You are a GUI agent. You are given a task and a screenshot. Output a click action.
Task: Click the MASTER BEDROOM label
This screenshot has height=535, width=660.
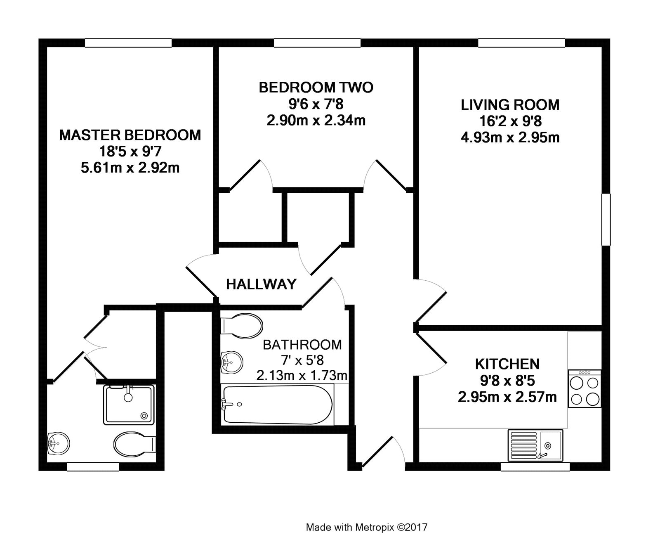(130, 135)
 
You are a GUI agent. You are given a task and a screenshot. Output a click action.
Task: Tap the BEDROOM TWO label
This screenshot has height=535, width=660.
(316, 88)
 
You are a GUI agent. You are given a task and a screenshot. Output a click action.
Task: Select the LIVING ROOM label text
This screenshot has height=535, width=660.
(510, 105)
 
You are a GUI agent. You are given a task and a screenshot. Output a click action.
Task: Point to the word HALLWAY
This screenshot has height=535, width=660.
(261, 284)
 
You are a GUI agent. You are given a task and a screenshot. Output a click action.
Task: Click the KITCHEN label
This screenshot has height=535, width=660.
(507, 364)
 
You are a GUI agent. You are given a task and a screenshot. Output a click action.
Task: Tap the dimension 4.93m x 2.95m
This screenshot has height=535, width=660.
(510, 137)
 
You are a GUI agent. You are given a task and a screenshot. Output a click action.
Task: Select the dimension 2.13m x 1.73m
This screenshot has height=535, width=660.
(302, 376)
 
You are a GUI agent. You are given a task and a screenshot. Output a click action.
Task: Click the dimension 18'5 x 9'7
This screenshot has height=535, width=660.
(130, 152)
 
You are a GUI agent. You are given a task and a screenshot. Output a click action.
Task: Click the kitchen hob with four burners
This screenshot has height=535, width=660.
(585, 388)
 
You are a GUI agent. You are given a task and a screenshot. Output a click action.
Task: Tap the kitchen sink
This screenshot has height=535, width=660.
(535, 445)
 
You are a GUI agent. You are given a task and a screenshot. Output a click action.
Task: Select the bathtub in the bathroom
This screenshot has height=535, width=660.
(277, 404)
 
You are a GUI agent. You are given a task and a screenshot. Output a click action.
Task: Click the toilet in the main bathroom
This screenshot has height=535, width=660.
(242, 325)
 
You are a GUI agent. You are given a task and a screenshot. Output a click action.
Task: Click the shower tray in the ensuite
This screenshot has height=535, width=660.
(129, 405)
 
